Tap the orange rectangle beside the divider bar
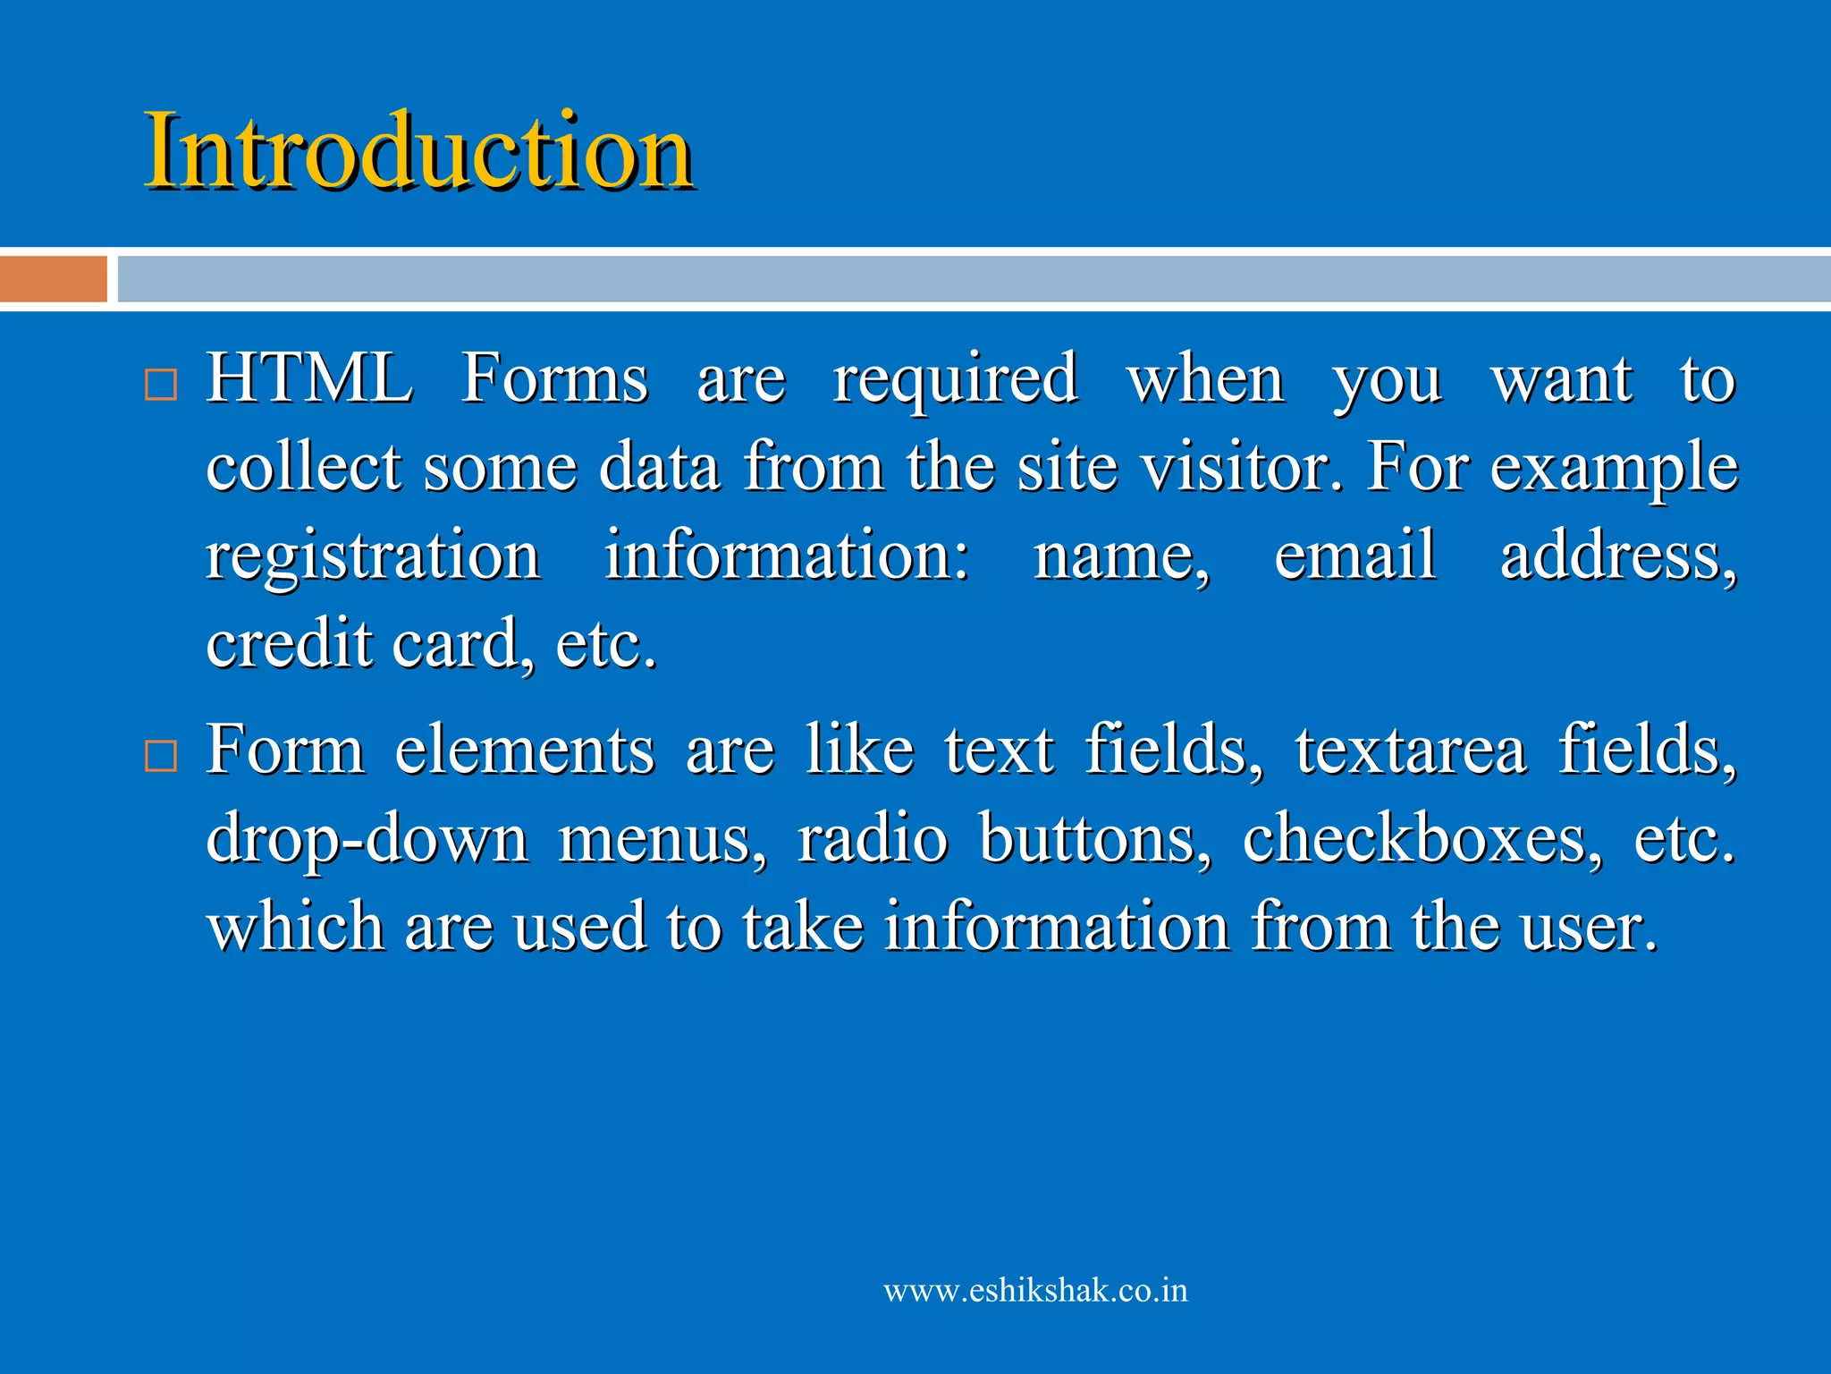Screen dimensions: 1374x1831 (54, 279)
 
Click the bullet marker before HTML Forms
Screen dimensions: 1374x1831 (161, 385)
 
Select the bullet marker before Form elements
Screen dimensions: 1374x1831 (161, 756)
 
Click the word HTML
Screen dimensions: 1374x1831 (309, 378)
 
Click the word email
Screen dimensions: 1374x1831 (1354, 555)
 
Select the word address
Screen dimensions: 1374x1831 (1618, 555)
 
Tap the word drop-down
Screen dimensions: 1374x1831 (367, 839)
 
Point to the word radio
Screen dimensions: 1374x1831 (872, 837)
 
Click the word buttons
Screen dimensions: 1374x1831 (1095, 837)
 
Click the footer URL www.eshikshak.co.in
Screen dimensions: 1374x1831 (1035, 1291)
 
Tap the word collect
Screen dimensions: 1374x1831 (304, 467)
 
